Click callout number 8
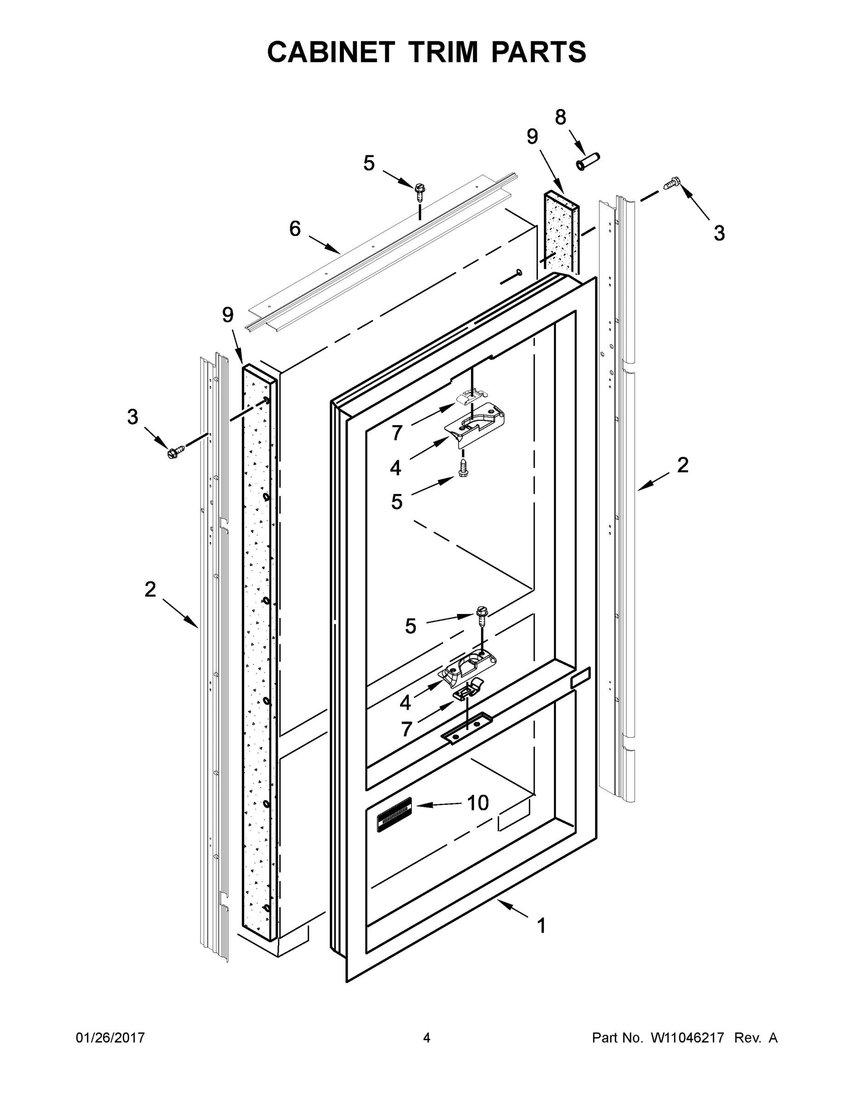coord(561,117)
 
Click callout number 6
coord(295,229)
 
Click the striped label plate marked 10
coord(394,815)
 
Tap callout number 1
coord(541,926)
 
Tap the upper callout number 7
coord(397,433)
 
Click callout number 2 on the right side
coord(682,465)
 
